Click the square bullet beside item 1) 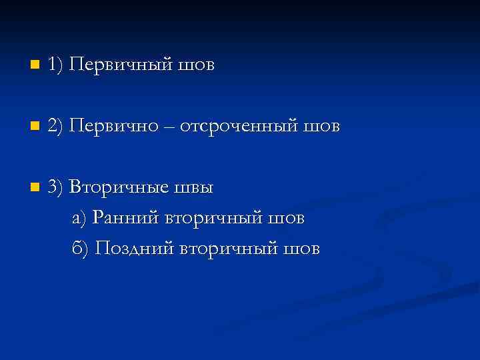(34, 65)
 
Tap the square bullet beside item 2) (34, 126)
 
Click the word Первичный (122, 65)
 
